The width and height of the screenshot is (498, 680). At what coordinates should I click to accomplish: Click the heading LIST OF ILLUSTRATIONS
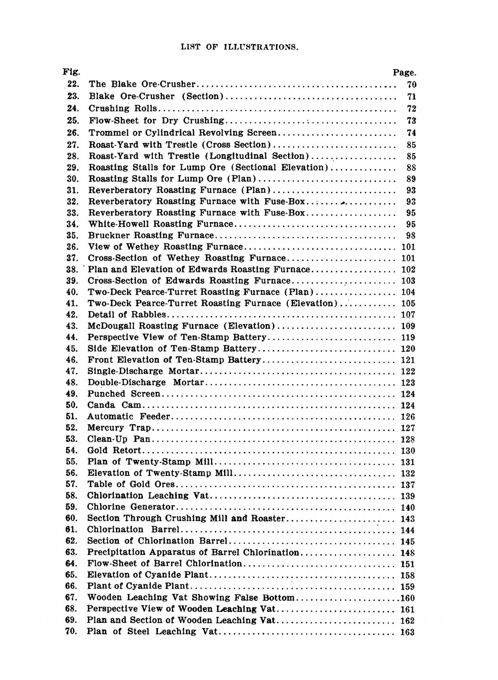[239, 47]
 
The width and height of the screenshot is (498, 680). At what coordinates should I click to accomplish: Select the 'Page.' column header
[404, 73]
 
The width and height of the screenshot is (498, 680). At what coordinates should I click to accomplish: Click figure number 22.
[73, 84]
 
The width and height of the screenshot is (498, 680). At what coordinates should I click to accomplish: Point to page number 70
[411, 85]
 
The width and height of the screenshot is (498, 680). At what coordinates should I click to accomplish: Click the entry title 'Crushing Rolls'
[123, 109]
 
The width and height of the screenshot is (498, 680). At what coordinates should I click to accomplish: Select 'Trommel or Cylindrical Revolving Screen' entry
[182, 133]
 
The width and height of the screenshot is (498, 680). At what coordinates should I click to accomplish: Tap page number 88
[411, 168]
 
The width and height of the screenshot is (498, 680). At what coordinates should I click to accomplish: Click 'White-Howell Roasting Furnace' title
[160, 225]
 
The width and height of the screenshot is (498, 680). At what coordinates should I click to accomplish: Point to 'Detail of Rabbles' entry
[126, 315]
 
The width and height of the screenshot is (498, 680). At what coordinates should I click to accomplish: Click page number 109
[408, 326]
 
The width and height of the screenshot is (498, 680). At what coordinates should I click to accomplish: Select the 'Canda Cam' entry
[114, 405]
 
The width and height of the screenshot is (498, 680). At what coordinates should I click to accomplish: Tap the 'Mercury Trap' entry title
[119, 428]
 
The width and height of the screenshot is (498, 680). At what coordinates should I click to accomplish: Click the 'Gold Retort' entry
[114, 451]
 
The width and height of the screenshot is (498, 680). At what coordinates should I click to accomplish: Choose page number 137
[408, 485]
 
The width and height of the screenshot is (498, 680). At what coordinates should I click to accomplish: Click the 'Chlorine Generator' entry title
[131, 507]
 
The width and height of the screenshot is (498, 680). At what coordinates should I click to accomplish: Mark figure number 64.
[72, 564]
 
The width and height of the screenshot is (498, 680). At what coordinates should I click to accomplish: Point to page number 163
[407, 632]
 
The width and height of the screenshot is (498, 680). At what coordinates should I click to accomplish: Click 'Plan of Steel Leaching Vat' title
[152, 632]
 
